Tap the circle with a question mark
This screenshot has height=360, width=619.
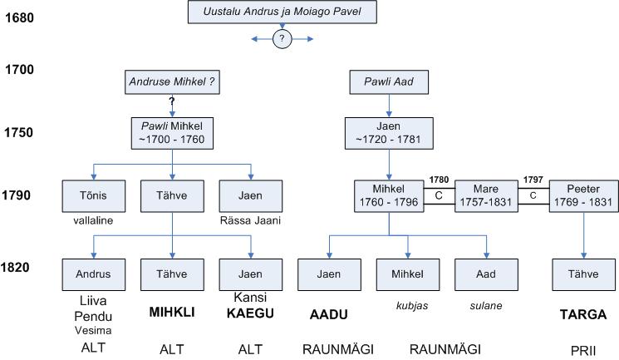pyautogui.click(x=283, y=39)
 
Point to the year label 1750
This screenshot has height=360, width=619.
pyautogui.click(x=19, y=132)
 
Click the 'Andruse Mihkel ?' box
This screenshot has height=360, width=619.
pyautogui.click(x=171, y=82)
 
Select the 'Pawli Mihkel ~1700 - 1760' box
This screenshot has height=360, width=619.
pyautogui.click(x=172, y=132)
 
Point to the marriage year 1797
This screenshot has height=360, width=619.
pyautogui.click(x=533, y=177)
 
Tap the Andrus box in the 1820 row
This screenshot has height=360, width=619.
pyautogui.click(x=93, y=274)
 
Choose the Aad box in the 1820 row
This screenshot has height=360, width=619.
pyautogui.click(x=486, y=274)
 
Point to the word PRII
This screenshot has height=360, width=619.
pyautogui.click(x=582, y=351)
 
